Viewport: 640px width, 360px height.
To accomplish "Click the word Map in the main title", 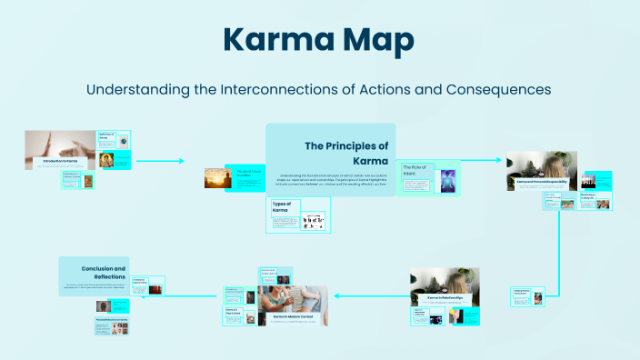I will pyautogui.click(x=375, y=41).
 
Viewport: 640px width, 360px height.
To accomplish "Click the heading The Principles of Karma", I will pyautogui.click(x=345, y=153).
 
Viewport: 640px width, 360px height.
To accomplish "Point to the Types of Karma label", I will pyautogui.click(x=282, y=206).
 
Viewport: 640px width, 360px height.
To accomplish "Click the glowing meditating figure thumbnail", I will pyautogui.click(x=446, y=180).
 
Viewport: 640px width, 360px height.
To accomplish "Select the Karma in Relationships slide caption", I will pyautogui.click(x=445, y=297).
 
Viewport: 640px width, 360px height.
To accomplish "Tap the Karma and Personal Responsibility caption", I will pyautogui.click(x=542, y=182).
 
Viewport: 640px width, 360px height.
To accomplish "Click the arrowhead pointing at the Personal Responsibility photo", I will pyautogui.click(x=498, y=161).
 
